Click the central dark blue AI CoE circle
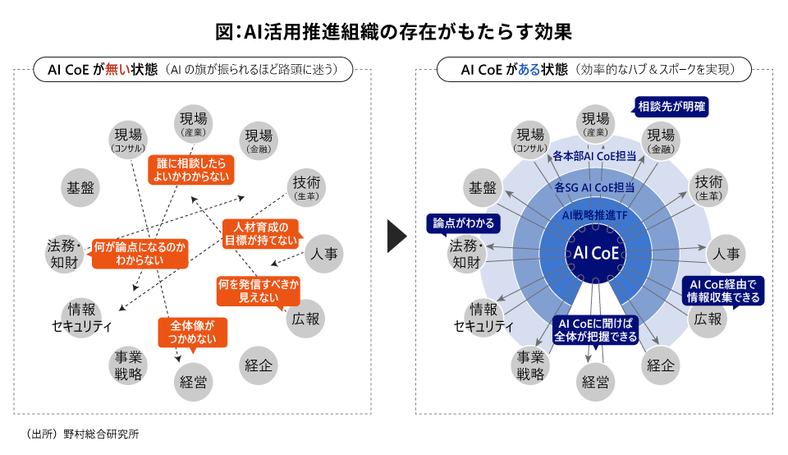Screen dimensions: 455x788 click(x=597, y=252)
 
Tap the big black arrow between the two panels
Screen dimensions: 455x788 click(x=397, y=237)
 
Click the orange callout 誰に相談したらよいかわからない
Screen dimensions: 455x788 click(x=190, y=169)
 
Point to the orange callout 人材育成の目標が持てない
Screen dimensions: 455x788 click(x=259, y=232)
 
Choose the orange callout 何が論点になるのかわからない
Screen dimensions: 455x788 click(x=140, y=253)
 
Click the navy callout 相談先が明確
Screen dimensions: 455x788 click(x=672, y=107)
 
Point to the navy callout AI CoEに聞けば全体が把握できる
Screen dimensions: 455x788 click(x=598, y=329)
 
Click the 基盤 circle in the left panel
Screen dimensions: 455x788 click(x=80, y=187)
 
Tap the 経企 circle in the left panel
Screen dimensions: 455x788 click(x=259, y=365)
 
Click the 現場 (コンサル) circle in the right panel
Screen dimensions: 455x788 click(x=529, y=140)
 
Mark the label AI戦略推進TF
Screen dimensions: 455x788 click(x=596, y=214)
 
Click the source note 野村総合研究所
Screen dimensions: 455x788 click(x=95, y=434)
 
